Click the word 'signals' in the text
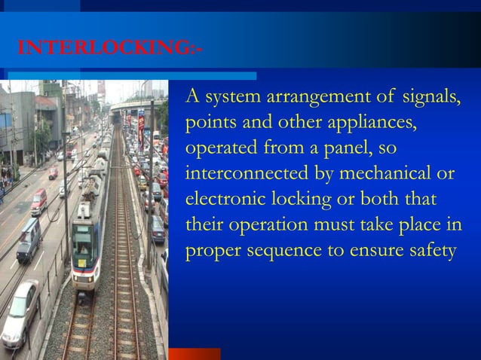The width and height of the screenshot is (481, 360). [x=431, y=97]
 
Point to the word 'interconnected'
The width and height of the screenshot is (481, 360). [x=245, y=174]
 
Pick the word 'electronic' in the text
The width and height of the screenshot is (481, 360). [x=222, y=200]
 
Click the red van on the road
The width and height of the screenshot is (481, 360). [x=38, y=201]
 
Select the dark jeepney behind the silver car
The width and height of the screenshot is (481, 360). [x=29, y=239]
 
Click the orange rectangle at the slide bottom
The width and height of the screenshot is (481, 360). [x=195, y=354]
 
